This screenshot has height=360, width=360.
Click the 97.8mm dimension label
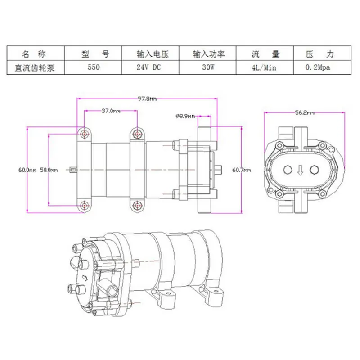click(x=147, y=99)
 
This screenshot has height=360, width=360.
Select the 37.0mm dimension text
click(x=111, y=111)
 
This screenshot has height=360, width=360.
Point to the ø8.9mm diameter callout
click(x=185, y=117)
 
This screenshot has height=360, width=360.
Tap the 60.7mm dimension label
click(x=242, y=170)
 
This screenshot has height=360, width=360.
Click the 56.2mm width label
click(x=305, y=113)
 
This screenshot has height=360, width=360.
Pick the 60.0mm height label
click(x=27, y=170)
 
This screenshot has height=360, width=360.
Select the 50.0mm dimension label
click(x=49, y=170)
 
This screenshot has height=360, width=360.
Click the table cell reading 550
click(x=94, y=67)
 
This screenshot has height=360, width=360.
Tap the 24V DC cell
click(x=149, y=67)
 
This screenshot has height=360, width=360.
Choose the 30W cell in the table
click(x=208, y=67)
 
